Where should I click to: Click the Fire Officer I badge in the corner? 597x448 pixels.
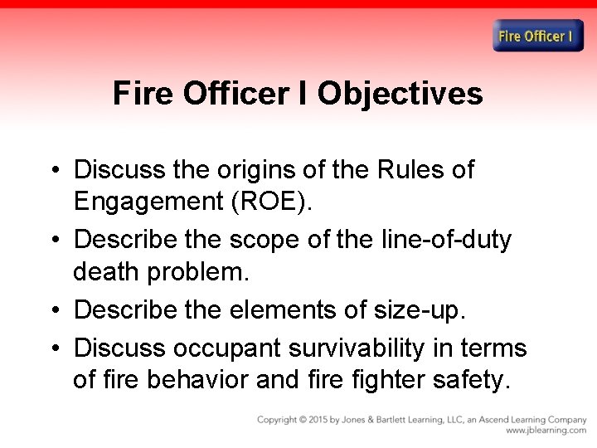click(x=538, y=36)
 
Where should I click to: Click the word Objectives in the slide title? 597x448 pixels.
click(x=400, y=94)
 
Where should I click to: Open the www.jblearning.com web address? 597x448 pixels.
click(x=546, y=431)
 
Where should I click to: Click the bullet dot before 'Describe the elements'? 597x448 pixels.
click(x=52, y=310)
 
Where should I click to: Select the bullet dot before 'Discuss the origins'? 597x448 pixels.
click(x=52, y=171)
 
